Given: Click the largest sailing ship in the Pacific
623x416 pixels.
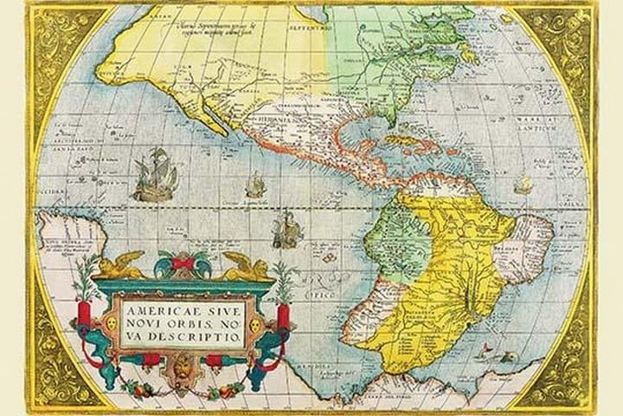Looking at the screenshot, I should coord(157,175).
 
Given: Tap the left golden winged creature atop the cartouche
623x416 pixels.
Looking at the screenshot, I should coord(121,266).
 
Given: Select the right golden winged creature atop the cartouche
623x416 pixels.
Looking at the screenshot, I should coord(246,267).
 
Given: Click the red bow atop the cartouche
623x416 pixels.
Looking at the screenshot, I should coord(183,263).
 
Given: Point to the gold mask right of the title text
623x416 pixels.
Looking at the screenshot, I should coord(257,322).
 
